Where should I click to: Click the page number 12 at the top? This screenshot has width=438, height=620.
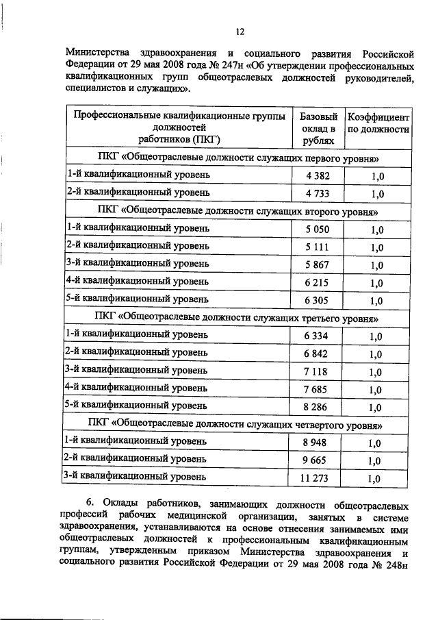pyautogui.click(x=240, y=31)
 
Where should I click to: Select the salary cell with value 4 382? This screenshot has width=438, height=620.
pyautogui.click(x=316, y=176)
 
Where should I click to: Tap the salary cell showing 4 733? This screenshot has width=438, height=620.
pyautogui.click(x=316, y=194)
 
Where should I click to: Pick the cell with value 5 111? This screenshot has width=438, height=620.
pyautogui.click(x=316, y=247)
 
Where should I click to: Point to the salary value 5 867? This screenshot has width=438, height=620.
pyautogui.click(x=316, y=264)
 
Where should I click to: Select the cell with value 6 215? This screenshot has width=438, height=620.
pyautogui.click(x=316, y=282)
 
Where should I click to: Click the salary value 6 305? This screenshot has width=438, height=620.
pyautogui.click(x=316, y=300)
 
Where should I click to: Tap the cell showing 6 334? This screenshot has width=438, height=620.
pyautogui.click(x=316, y=336)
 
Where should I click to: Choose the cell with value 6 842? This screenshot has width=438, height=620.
pyautogui.click(x=316, y=354)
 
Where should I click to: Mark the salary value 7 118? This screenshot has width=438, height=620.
pyautogui.click(x=316, y=371)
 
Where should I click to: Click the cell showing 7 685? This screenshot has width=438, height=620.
pyautogui.click(x=316, y=389)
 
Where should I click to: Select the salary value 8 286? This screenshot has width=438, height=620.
pyautogui.click(x=316, y=407)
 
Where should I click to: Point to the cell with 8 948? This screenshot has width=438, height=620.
pyautogui.click(x=316, y=443)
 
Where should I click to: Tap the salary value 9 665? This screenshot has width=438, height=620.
pyautogui.click(x=316, y=460)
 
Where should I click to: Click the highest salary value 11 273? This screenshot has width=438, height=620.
pyautogui.click(x=316, y=478)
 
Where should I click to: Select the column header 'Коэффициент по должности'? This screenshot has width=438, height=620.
pyautogui.click(x=378, y=122)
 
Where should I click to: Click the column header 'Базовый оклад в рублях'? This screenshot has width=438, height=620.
pyautogui.click(x=316, y=128)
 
